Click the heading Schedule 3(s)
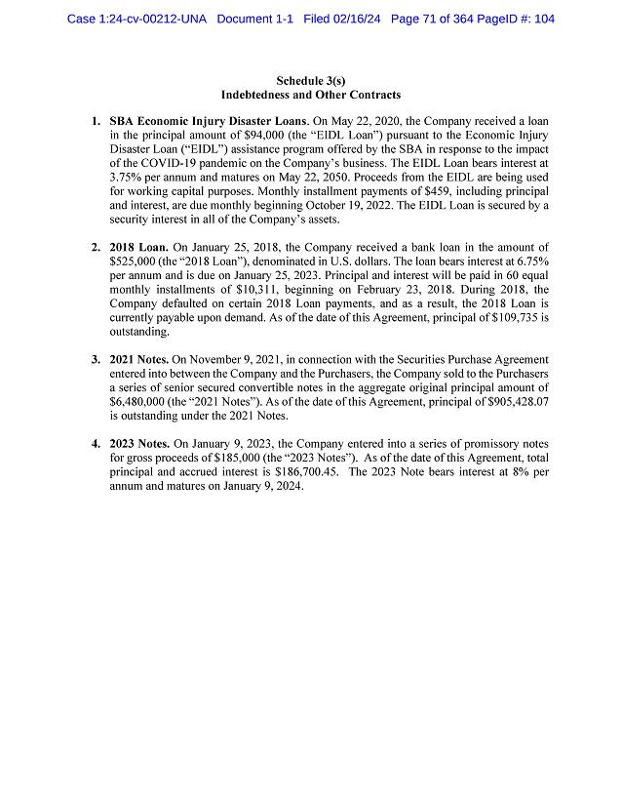tap(311, 80)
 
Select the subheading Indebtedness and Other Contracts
tap(311, 95)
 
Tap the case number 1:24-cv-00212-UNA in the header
tap(136, 19)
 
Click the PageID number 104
tap(542, 19)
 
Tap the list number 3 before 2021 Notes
tap(96, 360)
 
